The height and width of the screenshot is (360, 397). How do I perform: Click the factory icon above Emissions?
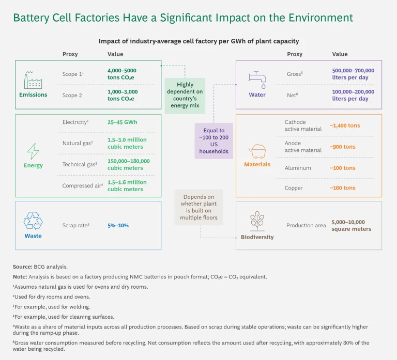pos(33,81)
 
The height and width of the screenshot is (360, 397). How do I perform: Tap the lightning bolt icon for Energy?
pos(33,151)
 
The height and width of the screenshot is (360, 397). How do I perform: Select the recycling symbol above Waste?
pos(33,221)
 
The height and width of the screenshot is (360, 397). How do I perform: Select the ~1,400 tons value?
pos(344,126)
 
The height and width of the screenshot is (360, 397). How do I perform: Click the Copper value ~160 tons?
pos(342,188)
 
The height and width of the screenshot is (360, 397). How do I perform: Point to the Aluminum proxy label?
pos(298,168)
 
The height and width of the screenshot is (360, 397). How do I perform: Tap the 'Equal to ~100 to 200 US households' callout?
pos(213,140)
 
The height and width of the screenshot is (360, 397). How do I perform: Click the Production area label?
pos(306,225)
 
